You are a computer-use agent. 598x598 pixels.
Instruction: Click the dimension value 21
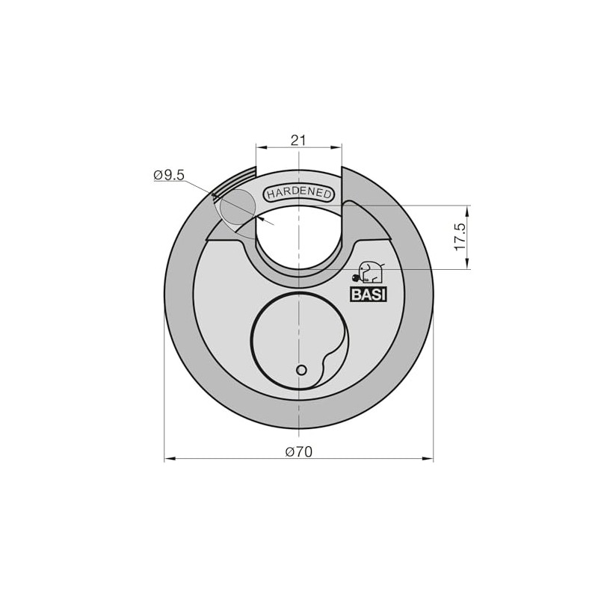pyautogui.click(x=298, y=141)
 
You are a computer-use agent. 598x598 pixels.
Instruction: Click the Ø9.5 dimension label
pyautogui.click(x=169, y=176)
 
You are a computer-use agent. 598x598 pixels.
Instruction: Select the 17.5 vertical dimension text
pyautogui.click(x=460, y=237)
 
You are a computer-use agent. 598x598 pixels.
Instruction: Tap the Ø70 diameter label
pyautogui.click(x=298, y=452)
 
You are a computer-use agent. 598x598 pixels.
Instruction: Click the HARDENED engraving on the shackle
pyautogui.click(x=298, y=193)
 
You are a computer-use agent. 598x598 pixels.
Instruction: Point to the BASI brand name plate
pyautogui.click(x=369, y=295)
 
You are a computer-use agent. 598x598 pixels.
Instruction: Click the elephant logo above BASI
pyautogui.click(x=368, y=273)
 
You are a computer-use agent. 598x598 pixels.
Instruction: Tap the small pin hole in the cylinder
pyautogui.click(x=301, y=370)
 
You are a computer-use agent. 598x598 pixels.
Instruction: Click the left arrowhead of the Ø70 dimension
pyautogui.click(x=170, y=458)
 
